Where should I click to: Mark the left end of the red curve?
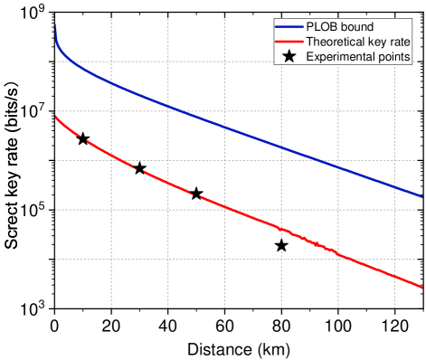point(56,116)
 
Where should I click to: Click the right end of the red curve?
point(421,288)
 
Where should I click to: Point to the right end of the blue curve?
point(421,195)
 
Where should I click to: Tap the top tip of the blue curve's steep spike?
point(56,24)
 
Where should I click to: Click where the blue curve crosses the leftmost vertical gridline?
point(111,82)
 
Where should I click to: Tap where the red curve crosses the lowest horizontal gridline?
point(341,259)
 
